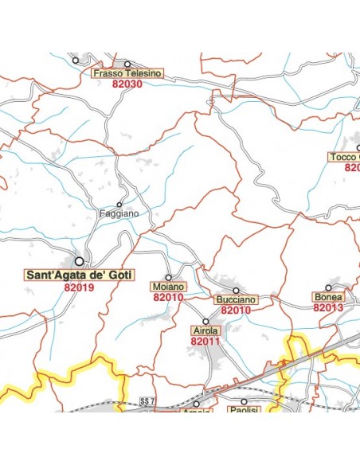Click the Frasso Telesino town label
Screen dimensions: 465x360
pyautogui.click(x=127, y=73)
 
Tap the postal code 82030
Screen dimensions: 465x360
pyautogui.click(x=127, y=84)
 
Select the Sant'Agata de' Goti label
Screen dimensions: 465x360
pyautogui.click(x=80, y=275)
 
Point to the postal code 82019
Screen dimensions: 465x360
pyautogui.click(x=80, y=287)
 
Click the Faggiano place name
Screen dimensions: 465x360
pyautogui.click(x=119, y=213)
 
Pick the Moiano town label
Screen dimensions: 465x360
pyautogui.click(x=168, y=287)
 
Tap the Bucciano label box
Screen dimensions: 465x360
pyautogui.click(x=236, y=299)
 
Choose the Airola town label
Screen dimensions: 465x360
pyautogui.click(x=205, y=330)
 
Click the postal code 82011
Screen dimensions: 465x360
pyautogui.click(x=205, y=340)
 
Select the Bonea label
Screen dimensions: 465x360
pyautogui.click(x=328, y=297)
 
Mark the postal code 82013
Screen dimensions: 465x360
pyautogui.click(x=328, y=307)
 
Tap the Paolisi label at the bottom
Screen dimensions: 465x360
pyautogui.click(x=245, y=412)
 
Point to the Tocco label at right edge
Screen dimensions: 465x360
pyautogui.click(x=343, y=157)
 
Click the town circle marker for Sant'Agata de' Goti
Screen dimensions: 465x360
pyautogui.click(x=80, y=260)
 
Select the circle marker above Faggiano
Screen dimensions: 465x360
pyautogui.click(x=119, y=204)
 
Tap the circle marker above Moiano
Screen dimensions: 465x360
pyautogui.click(x=168, y=277)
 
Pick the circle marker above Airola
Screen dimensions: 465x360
pyautogui.click(x=205, y=321)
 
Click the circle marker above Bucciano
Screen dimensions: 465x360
pyautogui.click(x=236, y=290)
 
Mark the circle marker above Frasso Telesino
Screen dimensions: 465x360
pyautogui.click(x=127, y=63)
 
